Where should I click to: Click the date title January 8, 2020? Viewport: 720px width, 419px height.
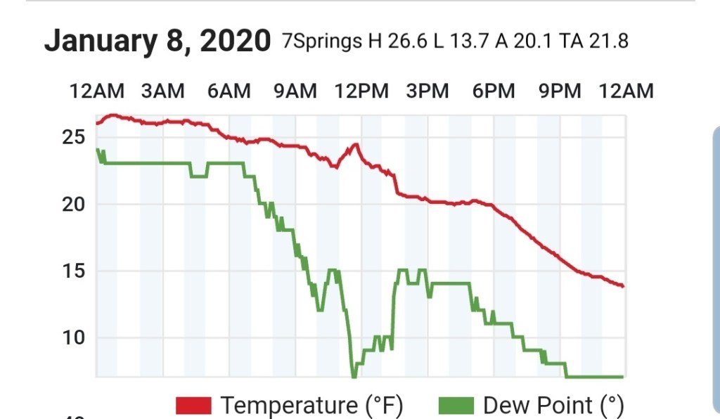click(x=157, y=41)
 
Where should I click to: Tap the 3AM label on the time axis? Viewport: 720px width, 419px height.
click(x=162, y=91)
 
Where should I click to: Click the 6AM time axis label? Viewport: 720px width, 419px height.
click(x=229, y=91)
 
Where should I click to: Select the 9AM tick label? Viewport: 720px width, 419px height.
click(x=295, y=91)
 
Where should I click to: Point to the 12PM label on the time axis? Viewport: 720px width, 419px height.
click(x=361, y=91)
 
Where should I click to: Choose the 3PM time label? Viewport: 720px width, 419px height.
click(x=427, y=91)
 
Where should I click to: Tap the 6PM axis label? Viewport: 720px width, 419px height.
click(x=493, y=91)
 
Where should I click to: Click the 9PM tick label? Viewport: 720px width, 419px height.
click(x=560, y=91)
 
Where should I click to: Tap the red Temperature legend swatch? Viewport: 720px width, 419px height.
click(x=193, y=406)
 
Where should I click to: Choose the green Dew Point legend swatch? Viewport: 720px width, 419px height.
click(x=457, y=406)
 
